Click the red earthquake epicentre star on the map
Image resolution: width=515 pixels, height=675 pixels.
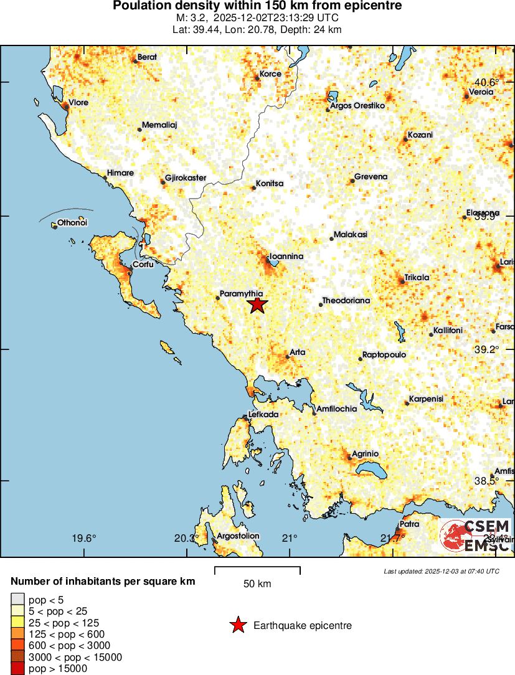pyautogui.click(x=257, y=304)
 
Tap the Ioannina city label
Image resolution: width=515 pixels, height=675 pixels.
pyautogui.click(x=286, y=257)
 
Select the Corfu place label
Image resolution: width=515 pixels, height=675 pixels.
pyautogui.click(x=143, y=264)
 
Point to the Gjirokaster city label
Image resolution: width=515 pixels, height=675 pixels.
pyautogui.click(x=185, y=177)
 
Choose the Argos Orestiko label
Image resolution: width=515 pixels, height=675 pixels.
pyautogui.click(x=358, y=106)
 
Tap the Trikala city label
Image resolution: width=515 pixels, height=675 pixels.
pyautogui.click(x=417, y=277)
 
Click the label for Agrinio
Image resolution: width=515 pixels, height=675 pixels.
pyautogui.click(x=366, y=453)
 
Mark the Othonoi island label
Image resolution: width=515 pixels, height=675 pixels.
pyautogui.click(x=72, y=222)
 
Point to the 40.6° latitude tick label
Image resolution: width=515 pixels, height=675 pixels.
pyautogui.click(x=487, y=82)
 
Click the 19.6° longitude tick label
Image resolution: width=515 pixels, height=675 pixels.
pyautogui.click(x=84, y=538)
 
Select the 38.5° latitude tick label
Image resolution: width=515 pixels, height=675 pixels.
pyautogui.click(x=487, y=481)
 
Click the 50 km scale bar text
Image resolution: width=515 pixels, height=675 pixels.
pyautogui.click(x=257, y=584)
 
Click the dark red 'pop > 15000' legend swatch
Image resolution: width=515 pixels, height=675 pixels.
pyautogui.click(x=17, y=669)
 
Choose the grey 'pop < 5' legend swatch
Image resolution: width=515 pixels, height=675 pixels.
pyautogui.click(x=17, y=599)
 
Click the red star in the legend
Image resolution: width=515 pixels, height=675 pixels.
pyautogui.click(x=238, y=625)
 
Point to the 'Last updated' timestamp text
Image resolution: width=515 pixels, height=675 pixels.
pyautogui.click(x=442, y=571)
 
